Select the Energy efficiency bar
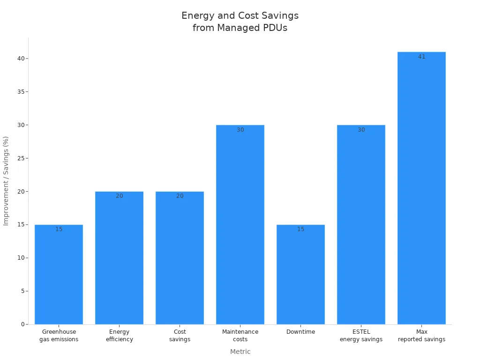[x=119, y=258]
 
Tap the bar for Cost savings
[x=180, y=258]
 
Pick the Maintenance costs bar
[x=240, y=225]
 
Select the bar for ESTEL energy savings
[x=361, y=225]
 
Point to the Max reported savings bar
[x=421, y=187]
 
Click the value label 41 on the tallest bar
[x=421, y=57]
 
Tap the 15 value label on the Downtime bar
[x=300, y=229]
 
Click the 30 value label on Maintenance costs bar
[x=240, y=130]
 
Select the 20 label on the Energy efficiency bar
[x=119, y=196]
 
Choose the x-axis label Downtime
[x=300, y=332]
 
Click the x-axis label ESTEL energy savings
[x=361, y=336]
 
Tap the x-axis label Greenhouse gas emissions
[x=59, y=336]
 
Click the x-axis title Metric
[x=240, y=352]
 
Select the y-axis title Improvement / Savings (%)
[x=6, y=181]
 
